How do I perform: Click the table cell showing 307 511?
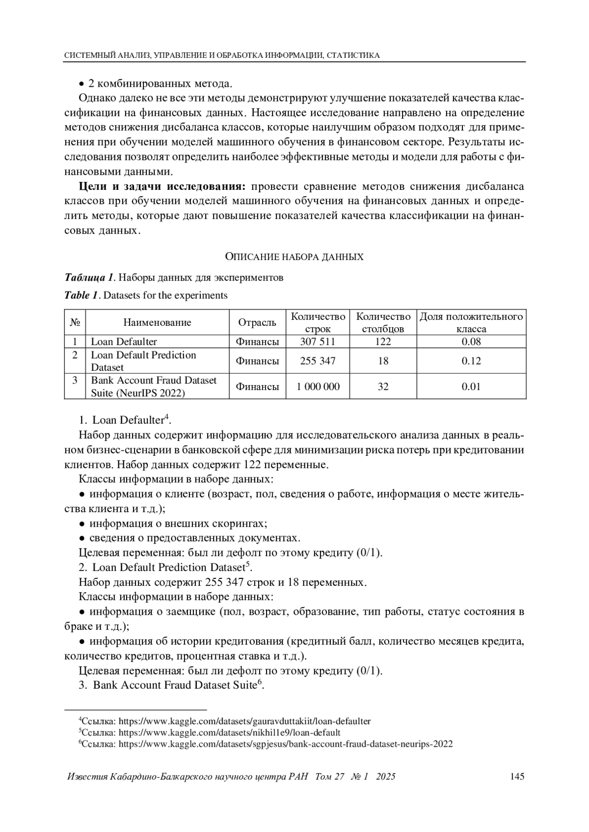click(x=318, y=341)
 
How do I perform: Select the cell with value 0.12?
click(x=471, y=361)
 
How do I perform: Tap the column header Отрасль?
click(x=257, y=322)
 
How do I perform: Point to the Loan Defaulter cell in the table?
click(x=124, y=341)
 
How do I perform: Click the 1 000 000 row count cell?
click(x=318, y=387)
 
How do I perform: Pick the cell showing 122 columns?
click(x=383, y=341)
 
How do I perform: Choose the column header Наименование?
click(x=157, y=322)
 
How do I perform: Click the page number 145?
click(x=517, y=777)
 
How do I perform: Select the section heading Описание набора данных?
click(x=294, y=257)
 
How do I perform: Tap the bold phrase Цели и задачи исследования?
click(x=162, y=186)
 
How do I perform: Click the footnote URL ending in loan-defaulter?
click(x=245, y=721)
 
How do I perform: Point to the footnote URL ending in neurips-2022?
click(x=286, y=744)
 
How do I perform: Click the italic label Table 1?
click(x=81, y=295)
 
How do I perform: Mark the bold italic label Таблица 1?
click(x=89, y=278)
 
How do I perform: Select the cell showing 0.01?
click(x=471, y=387)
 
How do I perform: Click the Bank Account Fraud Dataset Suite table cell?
click(x=154, y=387)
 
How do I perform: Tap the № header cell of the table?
click(x=75, y=322)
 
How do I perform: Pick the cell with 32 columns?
click(x=383, y=387)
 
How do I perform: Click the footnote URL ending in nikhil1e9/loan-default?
click(x=230, y=732)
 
